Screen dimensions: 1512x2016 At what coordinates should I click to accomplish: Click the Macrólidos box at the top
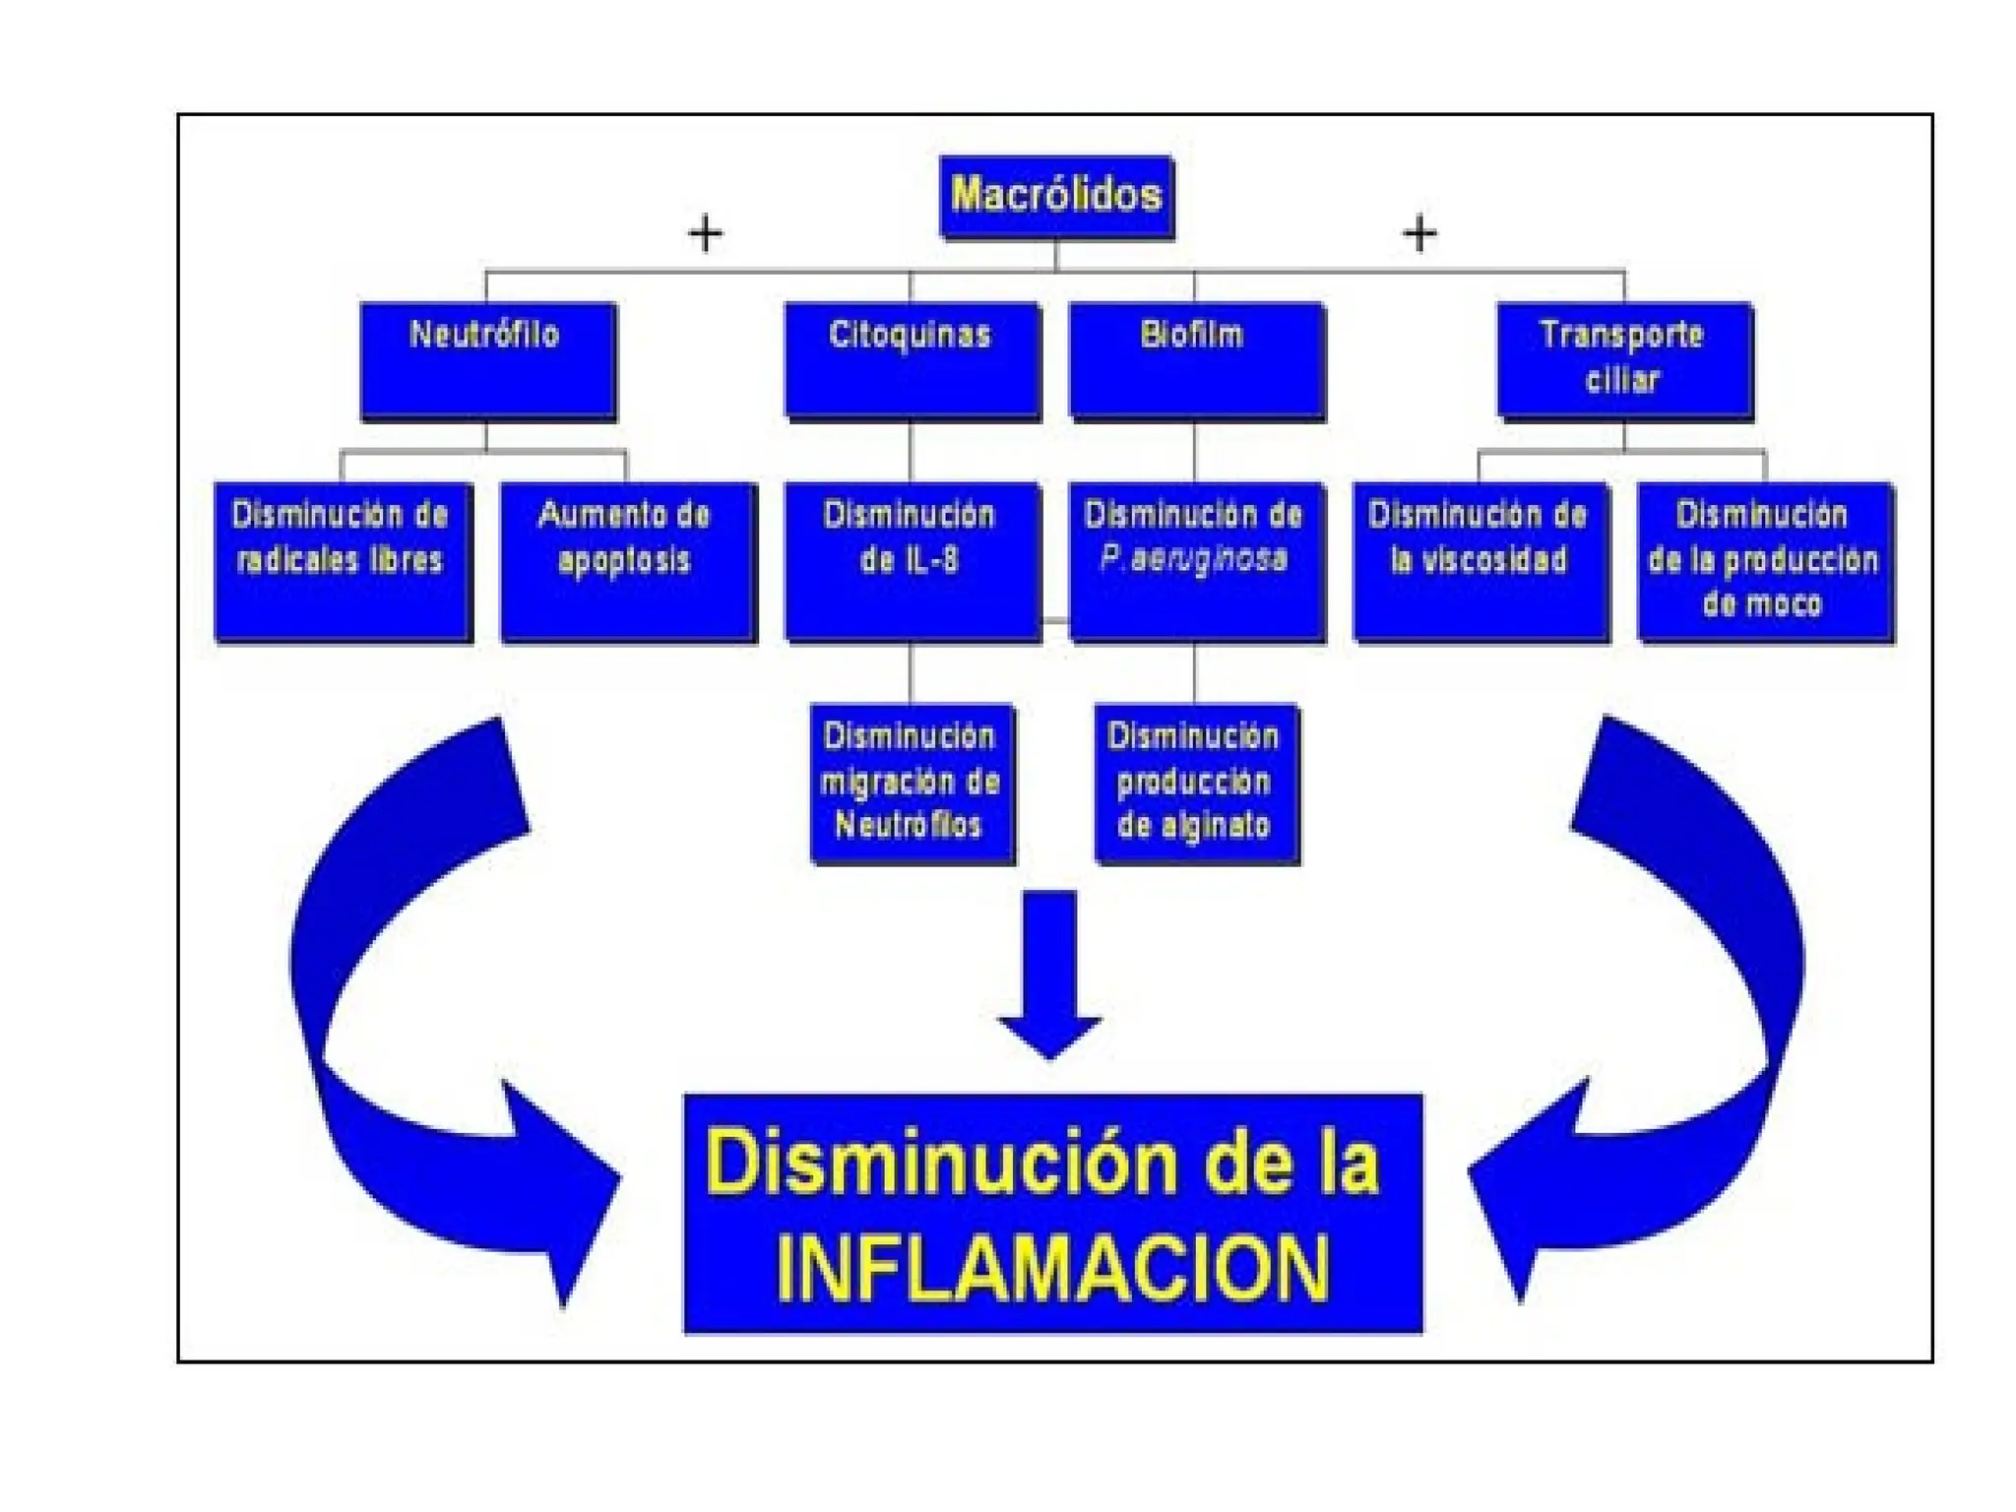(x=1056, y=196)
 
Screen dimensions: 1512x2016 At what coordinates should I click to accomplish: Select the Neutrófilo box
(x=487, y=360)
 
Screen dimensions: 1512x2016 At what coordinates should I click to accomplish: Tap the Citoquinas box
(x=912, y=360)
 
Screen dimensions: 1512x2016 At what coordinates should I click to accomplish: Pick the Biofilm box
(x=1195, y=360)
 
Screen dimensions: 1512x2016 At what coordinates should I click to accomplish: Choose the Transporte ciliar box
(x=1624, y=360)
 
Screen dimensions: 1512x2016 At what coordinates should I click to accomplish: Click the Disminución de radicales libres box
(x=343, y=561)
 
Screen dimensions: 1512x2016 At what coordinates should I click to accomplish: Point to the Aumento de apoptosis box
(x=628, y=561)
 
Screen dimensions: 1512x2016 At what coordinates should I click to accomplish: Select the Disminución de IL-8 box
(x=912, y=561)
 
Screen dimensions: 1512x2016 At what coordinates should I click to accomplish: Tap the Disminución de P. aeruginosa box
(x=1195, y=561)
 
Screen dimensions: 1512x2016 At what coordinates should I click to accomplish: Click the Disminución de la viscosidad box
(x=1480, y=561)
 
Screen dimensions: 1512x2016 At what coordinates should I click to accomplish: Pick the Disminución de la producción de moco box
(x=1764, y=561)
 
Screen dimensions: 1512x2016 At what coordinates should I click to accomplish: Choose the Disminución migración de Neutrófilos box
(x=912, y=784)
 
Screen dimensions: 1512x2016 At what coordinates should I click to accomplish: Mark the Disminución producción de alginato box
(x=1195, y=784)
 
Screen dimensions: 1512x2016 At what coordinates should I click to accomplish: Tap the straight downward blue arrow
(x=1050, y=975)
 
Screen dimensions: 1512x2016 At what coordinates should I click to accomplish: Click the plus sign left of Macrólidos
(x=705, y=234)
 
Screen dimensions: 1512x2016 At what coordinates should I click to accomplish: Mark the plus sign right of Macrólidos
(x=1418, y=234)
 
